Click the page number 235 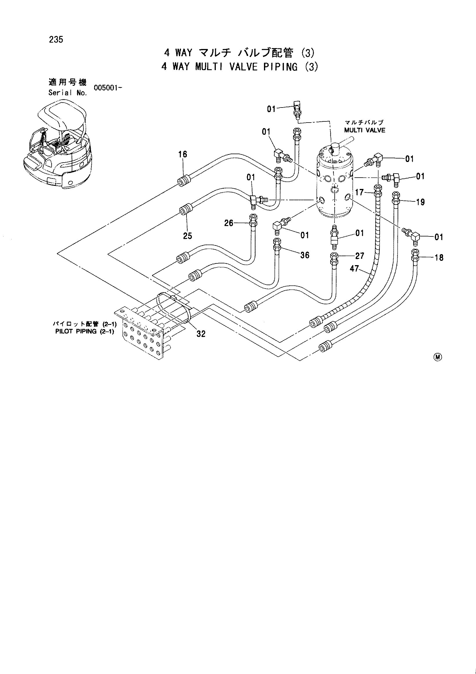pyautogui.click(x=56, y=40)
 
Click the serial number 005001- pyautogui.click(x=108, y=88)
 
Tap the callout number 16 pyautogui.click(x=183, y=154)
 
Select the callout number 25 pyautogui.click(x=187, y=236)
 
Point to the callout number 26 pyautogui.click(x=229, y=223)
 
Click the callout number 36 pyautogui.click(x=305, y=255)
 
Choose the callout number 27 pyautogui.click(x=360, y=256)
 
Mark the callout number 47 pyautogui.click(x=354, y=268)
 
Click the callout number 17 pyautogui.click(x=359, y=192)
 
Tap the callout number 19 pyautogui.click(x=421, y=202)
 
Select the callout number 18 pyautogui.click(x=439, y=258)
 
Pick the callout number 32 pyautogui.click(x=201, y=334)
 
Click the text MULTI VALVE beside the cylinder pyautogui.click(x=365, y=130)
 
